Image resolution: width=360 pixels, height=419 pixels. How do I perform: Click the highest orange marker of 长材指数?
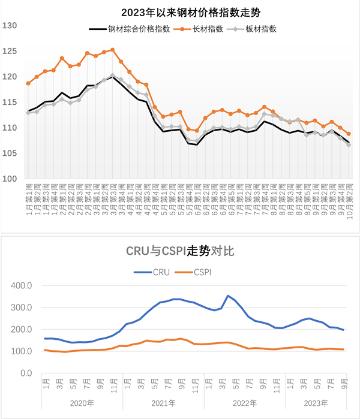click(113, 50)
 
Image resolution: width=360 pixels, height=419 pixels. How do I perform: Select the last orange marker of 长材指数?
click(349, 134)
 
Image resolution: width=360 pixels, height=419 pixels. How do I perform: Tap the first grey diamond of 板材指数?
click(28, 113)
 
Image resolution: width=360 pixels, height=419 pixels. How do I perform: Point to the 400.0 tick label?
click(22, 286)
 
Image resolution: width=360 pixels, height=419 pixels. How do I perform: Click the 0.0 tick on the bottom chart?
click(25, 373)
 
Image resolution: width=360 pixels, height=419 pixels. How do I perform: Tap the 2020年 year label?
click(82, 402)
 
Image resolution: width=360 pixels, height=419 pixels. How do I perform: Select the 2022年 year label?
click(244, 402)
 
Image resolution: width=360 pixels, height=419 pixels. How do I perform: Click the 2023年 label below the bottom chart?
click(316, 402)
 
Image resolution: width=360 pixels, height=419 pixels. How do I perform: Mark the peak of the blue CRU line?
click(228, 296)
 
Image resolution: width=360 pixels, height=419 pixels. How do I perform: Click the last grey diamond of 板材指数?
click(349, 145)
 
